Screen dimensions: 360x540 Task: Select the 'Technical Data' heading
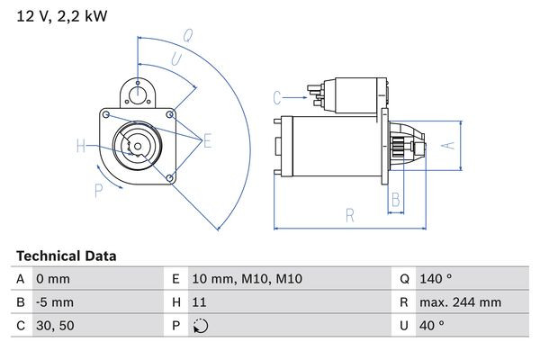coord(66,256)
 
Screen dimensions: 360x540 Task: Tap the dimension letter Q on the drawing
coord(188,37)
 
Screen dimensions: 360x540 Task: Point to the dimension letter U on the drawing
coord(176,60)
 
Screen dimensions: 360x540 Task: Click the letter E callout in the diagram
coord(207,140)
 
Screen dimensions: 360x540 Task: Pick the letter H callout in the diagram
coord(81,146)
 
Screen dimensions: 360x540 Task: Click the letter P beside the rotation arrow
coord(98,189)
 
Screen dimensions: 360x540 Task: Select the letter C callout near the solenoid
coord(277,96)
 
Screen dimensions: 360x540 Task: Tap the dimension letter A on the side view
coord(453,144)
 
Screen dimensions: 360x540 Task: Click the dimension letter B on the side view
coord(394,200)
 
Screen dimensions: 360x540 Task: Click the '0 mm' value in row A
coord(52,280)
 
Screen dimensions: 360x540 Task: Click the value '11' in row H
coord(199,302)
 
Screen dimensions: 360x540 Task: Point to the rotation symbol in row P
coord(200,326)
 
